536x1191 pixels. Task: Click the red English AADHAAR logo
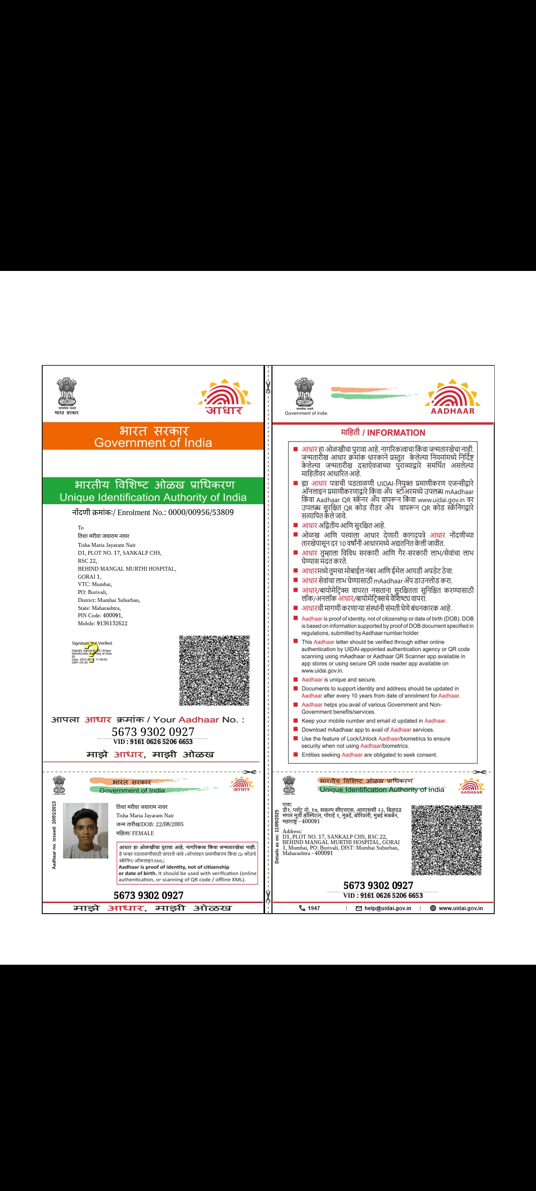tap(453, 398)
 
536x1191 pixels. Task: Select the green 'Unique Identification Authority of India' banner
tap(153, 491)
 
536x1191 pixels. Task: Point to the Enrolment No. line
tap(153, 513)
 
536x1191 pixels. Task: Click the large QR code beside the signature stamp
tap(214, 670)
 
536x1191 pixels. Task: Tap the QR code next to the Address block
tap(446, 840)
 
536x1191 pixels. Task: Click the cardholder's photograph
tap(85, 831)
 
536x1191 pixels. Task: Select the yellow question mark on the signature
tap(91, 653)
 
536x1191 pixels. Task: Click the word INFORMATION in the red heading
tap(396, 433)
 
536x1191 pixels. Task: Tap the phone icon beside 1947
tap(302, 908)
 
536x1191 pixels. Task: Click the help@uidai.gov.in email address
tap(388, 908)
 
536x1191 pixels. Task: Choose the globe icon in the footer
tap(433, 908)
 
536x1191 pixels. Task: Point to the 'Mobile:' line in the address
tap(103, 623)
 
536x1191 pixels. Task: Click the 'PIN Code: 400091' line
tap(100, 615)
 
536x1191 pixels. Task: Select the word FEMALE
tap(143, 833)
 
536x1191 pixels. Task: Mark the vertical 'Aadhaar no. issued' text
tap(54, 835)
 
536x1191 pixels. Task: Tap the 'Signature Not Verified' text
tap(92, 643)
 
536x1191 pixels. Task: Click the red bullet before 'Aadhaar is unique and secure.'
tap(296, 680)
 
